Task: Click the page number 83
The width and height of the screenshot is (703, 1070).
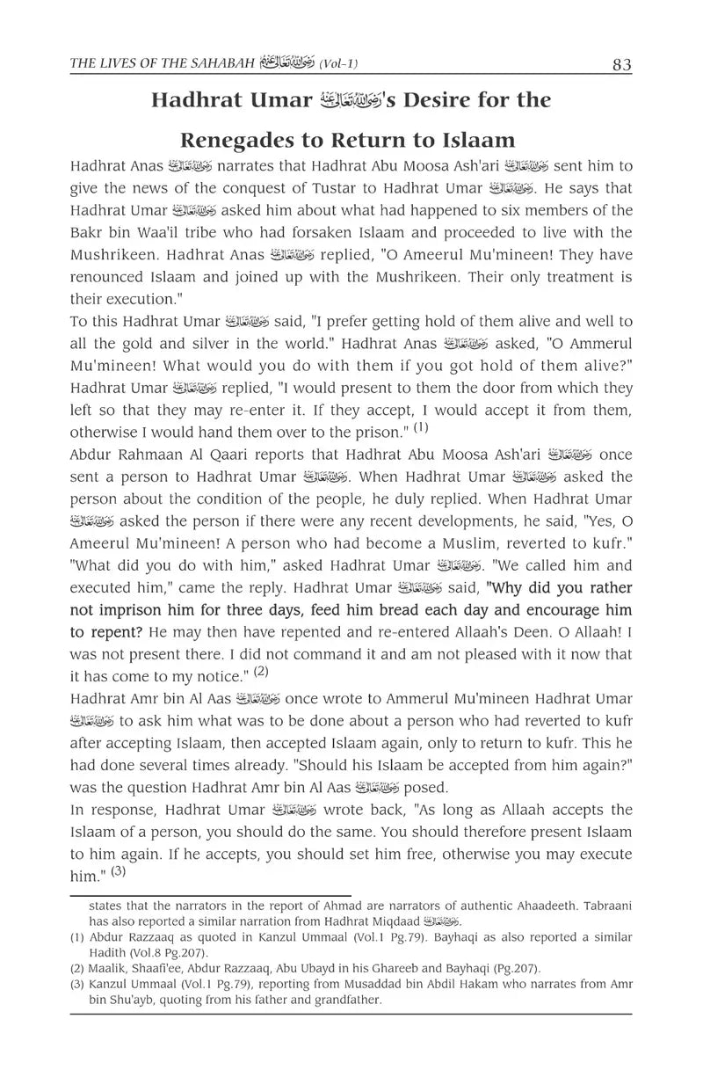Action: [x=621, y=65]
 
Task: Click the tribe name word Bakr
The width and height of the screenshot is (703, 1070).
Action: [x=87, y=232]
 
